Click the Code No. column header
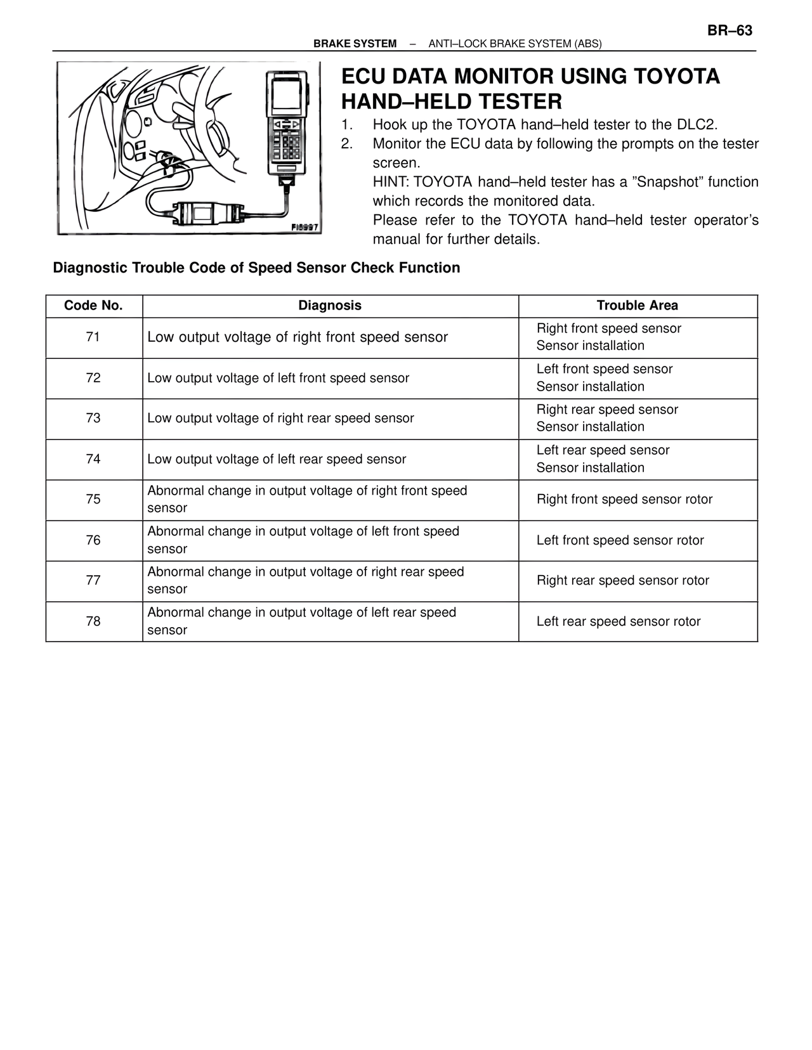pos(93,306)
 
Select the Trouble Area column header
pos(637,306)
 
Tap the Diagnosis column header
pos(330,306)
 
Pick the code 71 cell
pos(93,337)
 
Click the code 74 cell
pos(93,459)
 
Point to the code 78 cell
pos(93,621)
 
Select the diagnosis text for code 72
pos(278,379)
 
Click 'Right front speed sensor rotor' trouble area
pos(624,500)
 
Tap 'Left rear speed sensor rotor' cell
pos(619,621)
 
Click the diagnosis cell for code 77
pos(305,580)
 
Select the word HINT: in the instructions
pos(391,183)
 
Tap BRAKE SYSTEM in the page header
pos(355,44)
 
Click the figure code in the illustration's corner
pos(304,227)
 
